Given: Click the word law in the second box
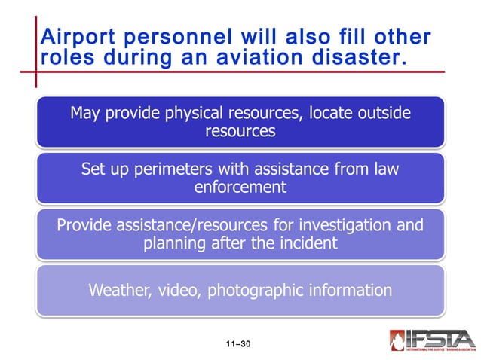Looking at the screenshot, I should pyautogui.click(x=385, y=169).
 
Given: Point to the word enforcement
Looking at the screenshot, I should pyautogui.click(x=240, y=188).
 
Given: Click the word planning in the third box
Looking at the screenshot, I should pyautogui.click(x=175, y=244).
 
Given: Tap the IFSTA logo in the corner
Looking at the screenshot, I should pyautogui.click(x=431, y=341).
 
